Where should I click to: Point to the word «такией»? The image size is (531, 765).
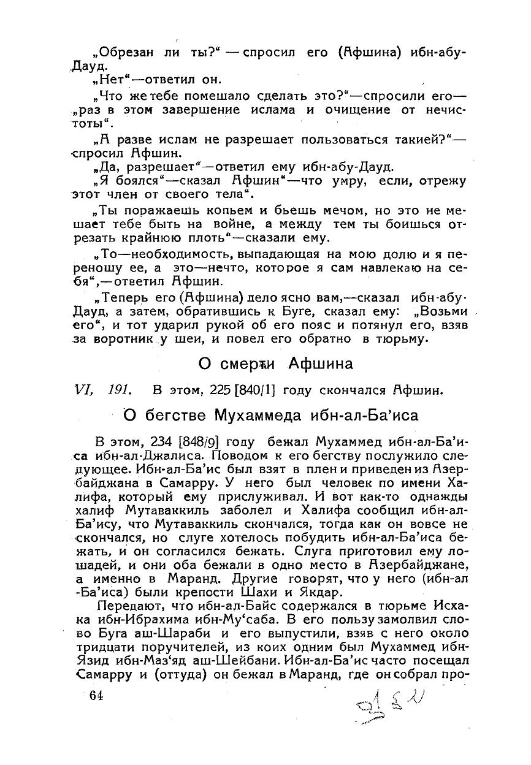coord(419,140)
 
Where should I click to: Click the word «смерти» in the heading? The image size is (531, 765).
coord(255,364)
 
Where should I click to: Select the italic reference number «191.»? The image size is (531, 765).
coord(120,390)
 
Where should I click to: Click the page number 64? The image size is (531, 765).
coord(96,695)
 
